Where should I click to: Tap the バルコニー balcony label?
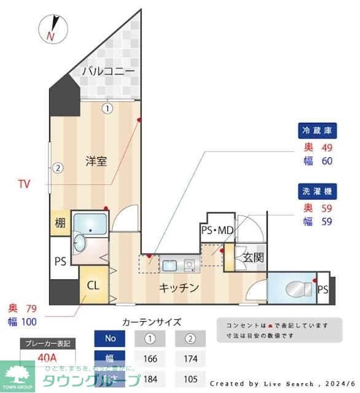pyautogui.click(x=108, y=72)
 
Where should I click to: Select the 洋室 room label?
pyautogui.click(x=96, y=161)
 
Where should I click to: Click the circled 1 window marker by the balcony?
pyautogui.click(x=108, y=109)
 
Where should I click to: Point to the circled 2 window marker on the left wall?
pyautogui.click(x=57, y=167)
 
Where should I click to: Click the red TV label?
pyautogui.click(x=24, y=184)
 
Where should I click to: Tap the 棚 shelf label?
pyautogui.click(x=60, y=224)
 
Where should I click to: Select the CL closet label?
pyautogui.click(x=93, y=285)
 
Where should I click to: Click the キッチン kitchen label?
pyautogui.click(x=179, y=287)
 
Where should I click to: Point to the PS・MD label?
pyautogui.click(x=217, y=230)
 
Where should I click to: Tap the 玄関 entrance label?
pyautogui.click(x=253, y=257)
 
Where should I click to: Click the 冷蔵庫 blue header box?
pyautogui.click(x=318, y=131)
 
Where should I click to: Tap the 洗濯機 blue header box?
pyautogui.click(x=318, y=190)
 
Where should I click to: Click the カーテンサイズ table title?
pyautogui.click(x=152, y=322)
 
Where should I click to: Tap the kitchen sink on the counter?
pyautogui.click(x=170, y=265)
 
